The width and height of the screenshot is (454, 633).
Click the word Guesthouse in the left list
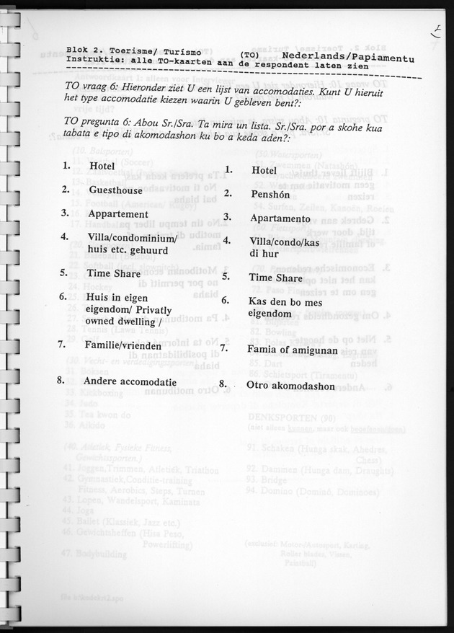click(x=115, y=190)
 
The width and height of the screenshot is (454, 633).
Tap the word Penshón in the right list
click(x=270, y=194)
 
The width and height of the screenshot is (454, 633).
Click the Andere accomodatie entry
click(x=130, y=381)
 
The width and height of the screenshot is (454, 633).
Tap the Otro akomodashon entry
click(x=290, y=386)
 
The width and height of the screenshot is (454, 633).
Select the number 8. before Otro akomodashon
click(x=223, y=384)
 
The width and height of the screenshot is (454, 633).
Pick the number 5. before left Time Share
click(x=64, y=273)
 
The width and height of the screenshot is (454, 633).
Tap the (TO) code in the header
click(x=250, y=55)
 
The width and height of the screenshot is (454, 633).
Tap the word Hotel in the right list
click(x=264, y=170)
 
